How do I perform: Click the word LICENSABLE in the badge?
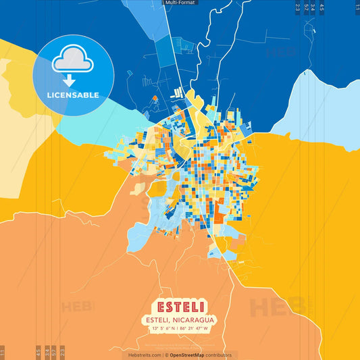point(73,95)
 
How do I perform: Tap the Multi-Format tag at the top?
point(180,3)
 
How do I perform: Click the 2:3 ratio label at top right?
point(298,7)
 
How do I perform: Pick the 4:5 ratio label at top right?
point(322,7)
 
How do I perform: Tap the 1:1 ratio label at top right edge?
point(357,7)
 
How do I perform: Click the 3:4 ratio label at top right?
point(313,7)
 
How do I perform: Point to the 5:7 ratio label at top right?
point(306,7)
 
